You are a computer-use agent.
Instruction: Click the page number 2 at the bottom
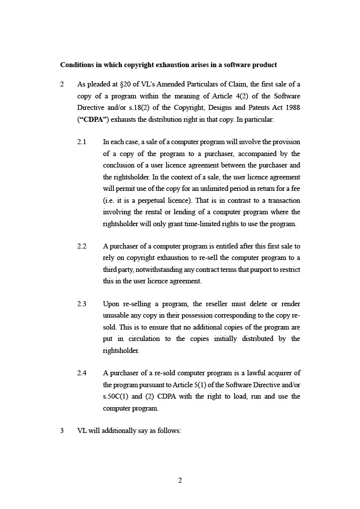[x=180, y=480]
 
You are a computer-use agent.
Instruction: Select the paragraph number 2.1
[x=82, y=142]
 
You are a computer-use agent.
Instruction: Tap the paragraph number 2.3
[x=82, y=304]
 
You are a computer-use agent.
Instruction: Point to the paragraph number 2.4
[x=82, y=373]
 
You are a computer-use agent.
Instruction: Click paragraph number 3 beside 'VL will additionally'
[x=62, y=431]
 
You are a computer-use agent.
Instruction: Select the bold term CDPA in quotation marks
[x=92, y=119]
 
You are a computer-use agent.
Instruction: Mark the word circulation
[x=146, y=339]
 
